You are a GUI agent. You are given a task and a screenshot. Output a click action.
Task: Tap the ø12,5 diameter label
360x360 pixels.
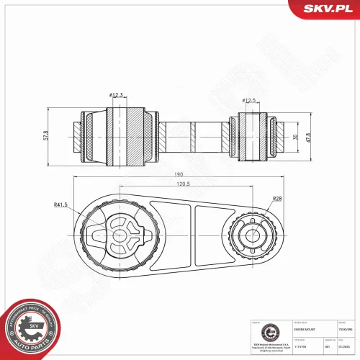point(250,101)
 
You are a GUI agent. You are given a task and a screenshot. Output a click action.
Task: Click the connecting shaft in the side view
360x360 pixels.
point(189,134)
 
